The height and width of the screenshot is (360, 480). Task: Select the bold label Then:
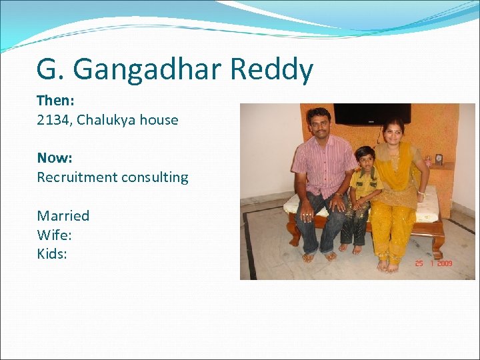55,101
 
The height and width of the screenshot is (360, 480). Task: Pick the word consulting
156,178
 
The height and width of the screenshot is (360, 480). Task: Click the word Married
63,216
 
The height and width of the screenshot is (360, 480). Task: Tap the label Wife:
53,235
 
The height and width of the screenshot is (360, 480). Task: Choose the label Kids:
52,253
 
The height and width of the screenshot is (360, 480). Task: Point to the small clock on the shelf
438,159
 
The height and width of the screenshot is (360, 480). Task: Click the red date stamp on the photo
433,264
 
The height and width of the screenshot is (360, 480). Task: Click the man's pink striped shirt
323,163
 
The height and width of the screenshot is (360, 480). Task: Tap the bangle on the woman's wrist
421,193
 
